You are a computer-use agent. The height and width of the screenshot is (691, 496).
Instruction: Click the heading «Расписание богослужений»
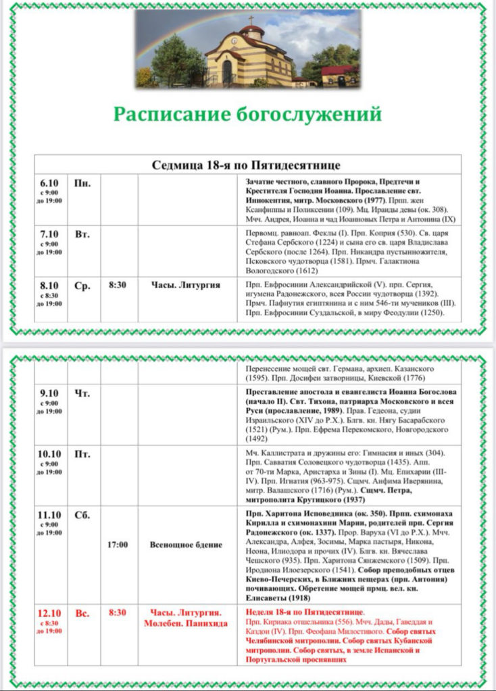point(247,113)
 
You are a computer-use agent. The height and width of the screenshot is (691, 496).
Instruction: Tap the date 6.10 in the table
point(49,183)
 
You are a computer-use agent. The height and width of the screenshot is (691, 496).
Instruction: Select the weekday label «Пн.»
point(82,183)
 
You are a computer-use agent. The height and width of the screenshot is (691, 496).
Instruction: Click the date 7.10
point(49,234)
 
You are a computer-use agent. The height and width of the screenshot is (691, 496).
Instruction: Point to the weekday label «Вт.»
point(82,234)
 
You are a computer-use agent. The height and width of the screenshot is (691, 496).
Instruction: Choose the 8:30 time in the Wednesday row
point(119,285)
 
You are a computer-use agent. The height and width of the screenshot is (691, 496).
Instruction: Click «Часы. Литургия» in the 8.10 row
point(187,285)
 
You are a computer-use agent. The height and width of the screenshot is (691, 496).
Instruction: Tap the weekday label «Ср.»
point(82,286)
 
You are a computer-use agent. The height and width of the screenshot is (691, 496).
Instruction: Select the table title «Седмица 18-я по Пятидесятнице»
point(248,165)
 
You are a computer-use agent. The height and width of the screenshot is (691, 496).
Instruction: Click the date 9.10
point(49,393)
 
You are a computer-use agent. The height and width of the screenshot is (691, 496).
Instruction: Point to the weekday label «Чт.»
point(82,393)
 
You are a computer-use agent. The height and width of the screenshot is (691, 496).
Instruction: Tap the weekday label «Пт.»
point(82,453)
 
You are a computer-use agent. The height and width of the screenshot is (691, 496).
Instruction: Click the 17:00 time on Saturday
point(118,544)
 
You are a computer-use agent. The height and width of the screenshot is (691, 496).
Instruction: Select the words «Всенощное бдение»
point(187,544)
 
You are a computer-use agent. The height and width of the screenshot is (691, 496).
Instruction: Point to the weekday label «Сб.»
point(82,515)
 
